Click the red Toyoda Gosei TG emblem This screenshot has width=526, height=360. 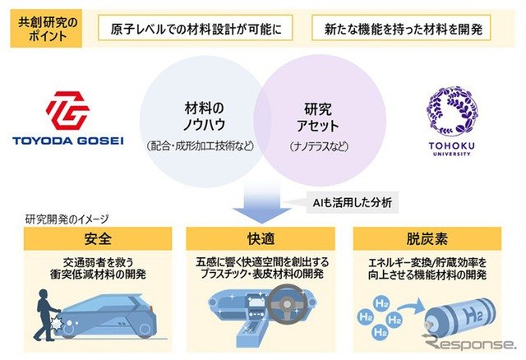[x=67, y=110]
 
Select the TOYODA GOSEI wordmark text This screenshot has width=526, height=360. [x=68, y=141]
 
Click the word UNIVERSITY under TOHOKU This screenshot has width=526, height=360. [x=451, y=154]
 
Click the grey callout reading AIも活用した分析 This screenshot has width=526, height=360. [x=353, y=202]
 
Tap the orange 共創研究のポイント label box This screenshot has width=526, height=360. [x=46, y=29]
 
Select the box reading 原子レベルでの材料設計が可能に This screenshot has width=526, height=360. [x=196, y=28]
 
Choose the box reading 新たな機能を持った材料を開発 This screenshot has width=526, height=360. [x=401, y=28]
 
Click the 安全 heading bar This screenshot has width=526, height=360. [x=98, y=238]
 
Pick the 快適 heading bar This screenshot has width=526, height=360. [x=261, y=238]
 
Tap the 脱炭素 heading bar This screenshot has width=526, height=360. [x=427, y=238]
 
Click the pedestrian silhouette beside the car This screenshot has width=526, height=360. [x=47, y=315]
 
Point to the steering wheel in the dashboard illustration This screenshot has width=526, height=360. [x=286, y=304]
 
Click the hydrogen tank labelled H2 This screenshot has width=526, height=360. [x=460, y=317]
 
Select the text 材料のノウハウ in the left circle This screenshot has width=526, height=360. [x=205, y=116]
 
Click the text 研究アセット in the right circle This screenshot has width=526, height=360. [x=318, y=118]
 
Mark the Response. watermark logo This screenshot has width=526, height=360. [x=468, y=343]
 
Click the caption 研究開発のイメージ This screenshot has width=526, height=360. [x=67, y=219]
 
